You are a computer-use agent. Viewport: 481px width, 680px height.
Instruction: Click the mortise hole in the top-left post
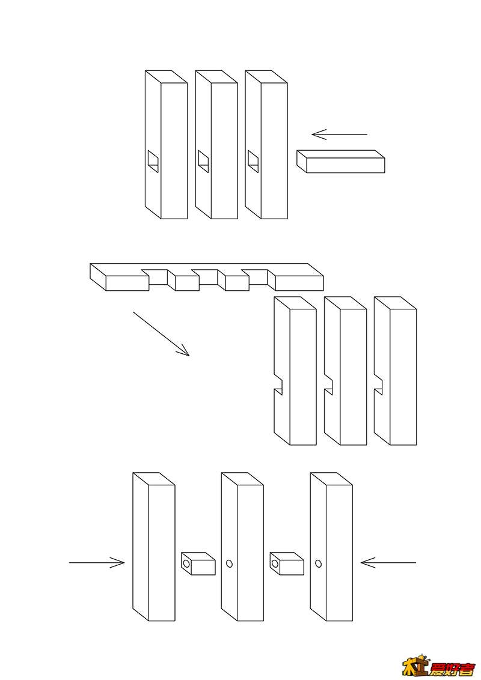point(153,160)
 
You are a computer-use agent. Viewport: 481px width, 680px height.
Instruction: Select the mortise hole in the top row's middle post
point(203,160)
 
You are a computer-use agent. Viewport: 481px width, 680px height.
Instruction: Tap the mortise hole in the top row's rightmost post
point(253,160)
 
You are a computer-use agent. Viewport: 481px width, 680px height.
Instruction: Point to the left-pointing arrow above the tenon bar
point(339,135)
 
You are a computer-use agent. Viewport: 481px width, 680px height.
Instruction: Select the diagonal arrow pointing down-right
point(161,333)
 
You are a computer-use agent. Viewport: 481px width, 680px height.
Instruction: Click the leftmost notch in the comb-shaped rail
point(158,276)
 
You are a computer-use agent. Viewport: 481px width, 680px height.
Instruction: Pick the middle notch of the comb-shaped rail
point(207,276)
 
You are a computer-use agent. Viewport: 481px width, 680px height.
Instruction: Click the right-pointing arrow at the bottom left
point(97,563)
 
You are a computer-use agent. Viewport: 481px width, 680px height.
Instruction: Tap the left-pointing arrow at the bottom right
point(388,563)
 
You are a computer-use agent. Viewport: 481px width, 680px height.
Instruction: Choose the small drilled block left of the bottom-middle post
point(198,563)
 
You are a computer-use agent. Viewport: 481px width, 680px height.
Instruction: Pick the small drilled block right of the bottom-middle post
point(287,563)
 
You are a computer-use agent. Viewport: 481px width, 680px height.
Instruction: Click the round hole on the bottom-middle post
point(228,563)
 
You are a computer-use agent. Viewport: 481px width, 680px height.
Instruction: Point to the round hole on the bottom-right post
point(317,563)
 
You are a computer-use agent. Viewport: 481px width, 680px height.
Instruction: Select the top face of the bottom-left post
point(154,479)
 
